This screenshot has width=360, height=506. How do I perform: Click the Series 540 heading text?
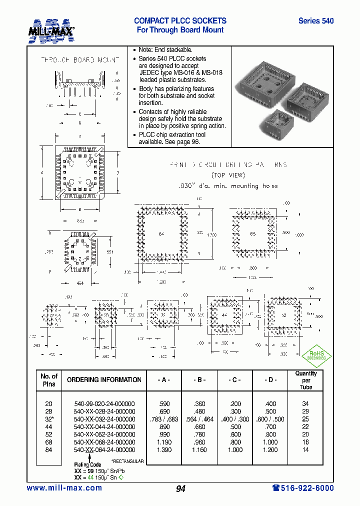(315, 21)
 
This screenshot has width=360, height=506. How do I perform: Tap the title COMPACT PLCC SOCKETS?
(180, 21)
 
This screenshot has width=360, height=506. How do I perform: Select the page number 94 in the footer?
(180, 488)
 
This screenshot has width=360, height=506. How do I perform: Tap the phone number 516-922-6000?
(303, 488)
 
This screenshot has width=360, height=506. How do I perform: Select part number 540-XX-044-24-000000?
(104, 426)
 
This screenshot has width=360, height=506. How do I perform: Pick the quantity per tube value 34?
(305, 403)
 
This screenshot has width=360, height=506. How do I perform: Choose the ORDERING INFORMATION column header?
(104, 380)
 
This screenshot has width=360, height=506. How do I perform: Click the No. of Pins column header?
(48, 380)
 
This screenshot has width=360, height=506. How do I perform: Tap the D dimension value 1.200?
(270, 450)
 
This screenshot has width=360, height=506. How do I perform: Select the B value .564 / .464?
(199, 419)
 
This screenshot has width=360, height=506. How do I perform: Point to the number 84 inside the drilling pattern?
(161, 233)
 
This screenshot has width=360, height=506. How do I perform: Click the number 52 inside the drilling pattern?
(284, 316)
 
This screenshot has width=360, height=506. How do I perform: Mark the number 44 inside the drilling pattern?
(224, 316)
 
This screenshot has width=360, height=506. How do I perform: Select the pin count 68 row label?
(48, 442)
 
